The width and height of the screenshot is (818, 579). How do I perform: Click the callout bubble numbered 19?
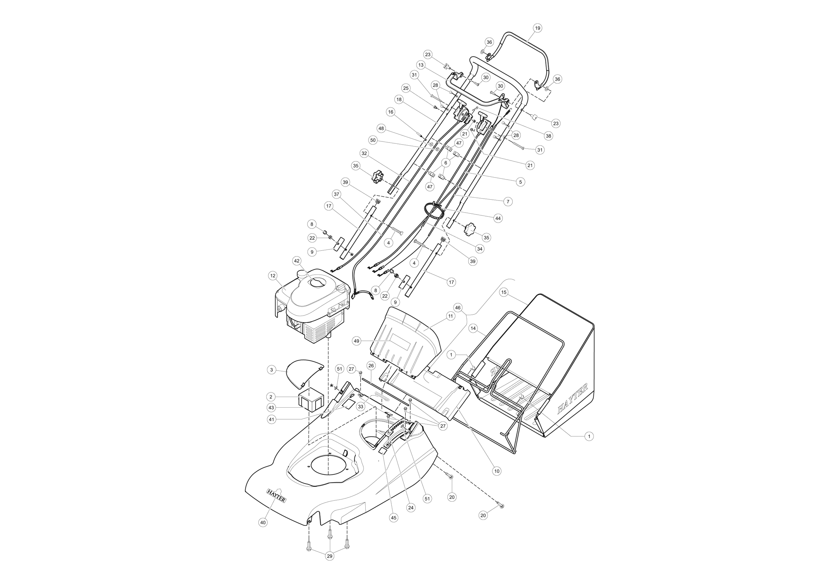pyautogui.click(x=537, y=28)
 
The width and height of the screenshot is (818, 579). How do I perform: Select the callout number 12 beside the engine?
pyautogui.click(x=272, y=276)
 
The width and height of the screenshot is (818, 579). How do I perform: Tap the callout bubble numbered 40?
pyautogui.click(x=263, y=523)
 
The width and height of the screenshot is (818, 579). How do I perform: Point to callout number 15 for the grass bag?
pyautogui.click(x=504, y=292)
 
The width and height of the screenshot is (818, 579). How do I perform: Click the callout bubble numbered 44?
pyautogui.click(x=498, y=218)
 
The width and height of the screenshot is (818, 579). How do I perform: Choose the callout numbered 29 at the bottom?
pyautogui.click(x=330, y=556)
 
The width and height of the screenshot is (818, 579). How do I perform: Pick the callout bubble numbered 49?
pyautogui.click(x=356, y=341)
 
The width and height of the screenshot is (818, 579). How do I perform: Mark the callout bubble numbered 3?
pyautogui.click(x=272, y=370)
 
